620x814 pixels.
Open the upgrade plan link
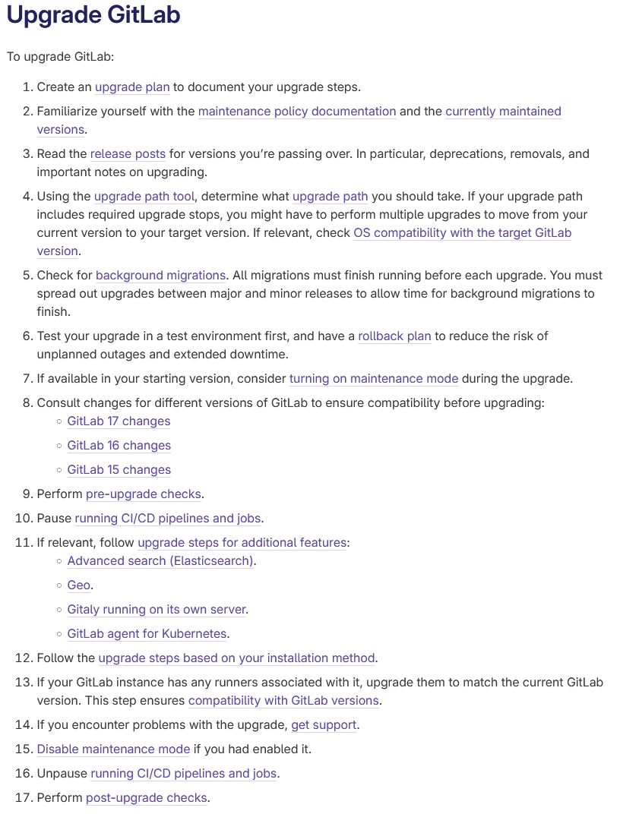pyautogui.click(x=132, y=87)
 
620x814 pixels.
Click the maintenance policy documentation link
pyautogui.click(x=297, y=112)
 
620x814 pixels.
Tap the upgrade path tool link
pyautogui.click(x=144, y=197)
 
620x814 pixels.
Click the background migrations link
pyautogui.click(x=161, y=276)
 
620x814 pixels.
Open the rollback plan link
pyautogui.click(x=394, y=336)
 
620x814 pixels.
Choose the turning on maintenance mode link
pyautogui.click(x=374, y=379)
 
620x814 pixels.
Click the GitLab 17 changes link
pyautogui.click(x=119, y=421)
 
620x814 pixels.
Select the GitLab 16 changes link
pyautogui.click(x=119, y=446)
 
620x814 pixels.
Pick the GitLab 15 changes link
pyautogui.click(x=119, y=470)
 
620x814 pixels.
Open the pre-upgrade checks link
pyautogui.click(x=144, y=494)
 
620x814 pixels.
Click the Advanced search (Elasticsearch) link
pyautogui.click(x=160, y=561)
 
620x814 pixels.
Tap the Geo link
pyautogui.click(x=78, y=585)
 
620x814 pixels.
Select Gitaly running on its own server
pyautogui.click(x=157, y=610)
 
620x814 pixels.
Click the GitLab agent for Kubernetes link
pyautogui.click(x=147, y=634)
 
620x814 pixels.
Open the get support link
pyautogui.click(x=324, y=725)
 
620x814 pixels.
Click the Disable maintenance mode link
pyautogui.click(x=113, y=749)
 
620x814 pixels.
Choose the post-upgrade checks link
pyautogui.click(x=147, y=798)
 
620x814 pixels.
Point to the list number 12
pyautogui.click(x=23, y=658)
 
